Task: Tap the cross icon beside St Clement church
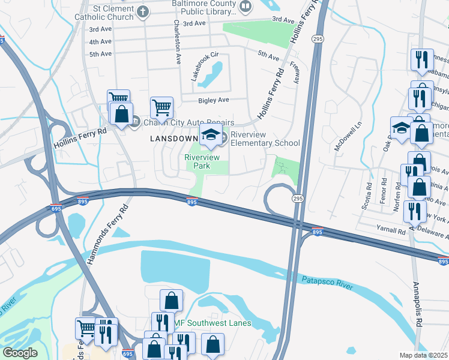point(142,11)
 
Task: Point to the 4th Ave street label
point(100,42)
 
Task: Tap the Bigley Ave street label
point(214,100)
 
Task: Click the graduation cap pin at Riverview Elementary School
point(210,136)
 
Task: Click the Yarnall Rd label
point(393,230)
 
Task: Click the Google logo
point(20,353)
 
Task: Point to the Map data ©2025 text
point(424,355)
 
